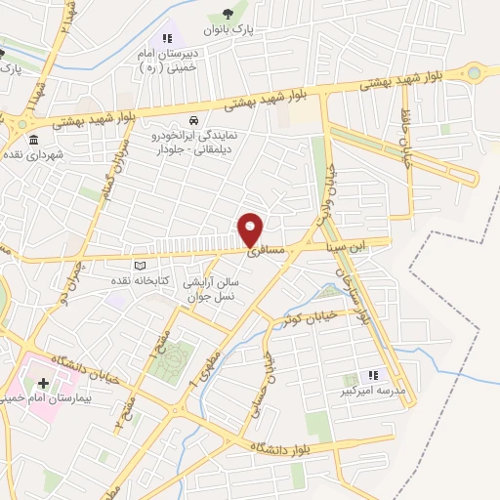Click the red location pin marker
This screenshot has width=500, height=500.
251,229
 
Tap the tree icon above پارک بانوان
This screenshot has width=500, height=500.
228,14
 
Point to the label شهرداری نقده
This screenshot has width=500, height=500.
32,155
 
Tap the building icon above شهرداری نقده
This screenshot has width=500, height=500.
34,138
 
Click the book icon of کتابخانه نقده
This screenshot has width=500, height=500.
139,266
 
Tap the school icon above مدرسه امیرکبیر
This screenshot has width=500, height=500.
372,375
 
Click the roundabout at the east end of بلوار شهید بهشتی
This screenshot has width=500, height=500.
475,71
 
